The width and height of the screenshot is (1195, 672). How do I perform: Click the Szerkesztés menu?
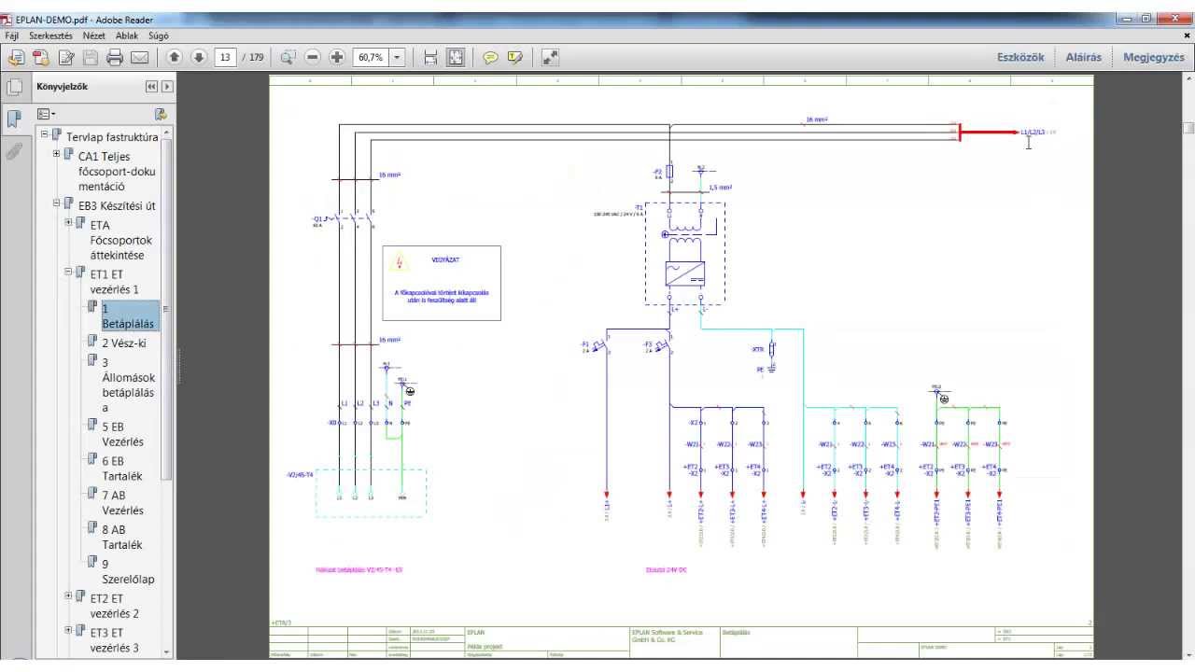click(50, 35)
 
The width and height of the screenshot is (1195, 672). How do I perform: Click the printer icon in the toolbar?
click(115, 58)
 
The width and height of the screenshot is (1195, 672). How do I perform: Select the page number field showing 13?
click(225, 58)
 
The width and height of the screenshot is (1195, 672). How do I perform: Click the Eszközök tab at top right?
click(1020, 58)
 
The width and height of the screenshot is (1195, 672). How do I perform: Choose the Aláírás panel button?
click(1083, 58)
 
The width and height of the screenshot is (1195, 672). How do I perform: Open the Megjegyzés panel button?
click(1153, 58)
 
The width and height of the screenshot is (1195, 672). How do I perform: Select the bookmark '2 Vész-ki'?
click(124, 343)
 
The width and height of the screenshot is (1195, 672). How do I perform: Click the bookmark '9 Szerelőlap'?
click(128, 570)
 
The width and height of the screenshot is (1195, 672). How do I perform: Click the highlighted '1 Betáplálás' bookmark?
click(130, 315)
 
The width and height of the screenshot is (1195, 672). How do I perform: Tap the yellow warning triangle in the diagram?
click(401, 262)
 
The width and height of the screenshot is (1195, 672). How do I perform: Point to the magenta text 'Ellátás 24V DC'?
click(667, 568)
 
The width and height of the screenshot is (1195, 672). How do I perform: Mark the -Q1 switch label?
click(317, 218)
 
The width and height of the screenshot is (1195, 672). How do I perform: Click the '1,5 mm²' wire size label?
click(720, 188)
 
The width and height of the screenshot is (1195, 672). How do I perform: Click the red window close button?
click(1172, 19)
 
